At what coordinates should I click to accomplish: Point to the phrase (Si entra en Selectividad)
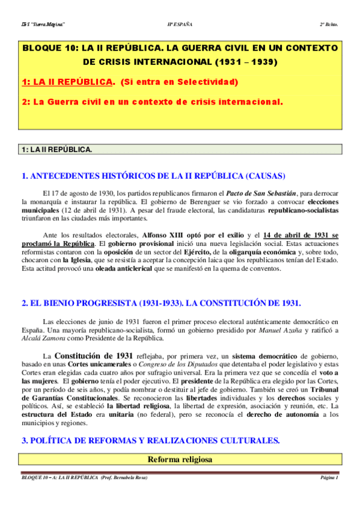[x=180, y=82]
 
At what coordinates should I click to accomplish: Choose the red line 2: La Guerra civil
[x=152, y=102]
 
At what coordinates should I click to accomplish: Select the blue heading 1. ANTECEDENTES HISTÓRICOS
[x=153, y=176]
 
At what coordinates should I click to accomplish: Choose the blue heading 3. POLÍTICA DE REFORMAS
[x=150, y=440]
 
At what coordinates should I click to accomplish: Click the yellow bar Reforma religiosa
[x=180, y=459]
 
